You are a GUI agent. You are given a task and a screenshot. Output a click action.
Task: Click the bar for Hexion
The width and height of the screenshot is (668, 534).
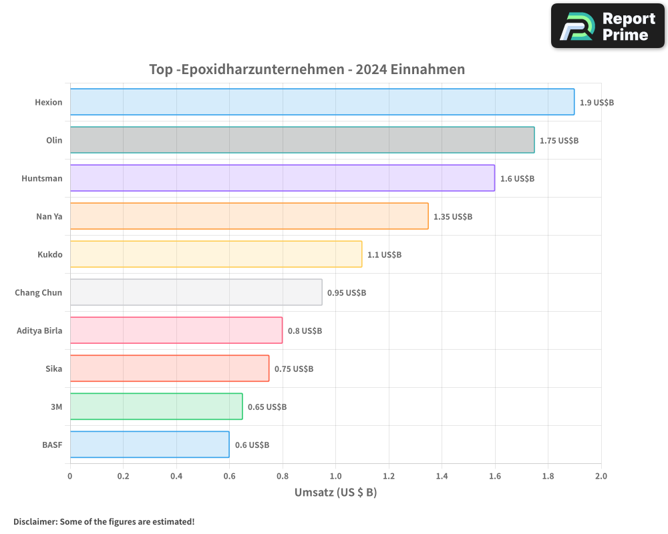click(x=322, y=102)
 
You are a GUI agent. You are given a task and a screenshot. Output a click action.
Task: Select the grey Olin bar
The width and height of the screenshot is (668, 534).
click(x=302, y=140)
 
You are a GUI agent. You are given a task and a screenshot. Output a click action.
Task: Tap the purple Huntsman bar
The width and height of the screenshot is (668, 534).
click(x=282, y=178)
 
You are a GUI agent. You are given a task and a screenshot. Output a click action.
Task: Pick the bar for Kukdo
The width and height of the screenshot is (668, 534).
click(x=216, y=254)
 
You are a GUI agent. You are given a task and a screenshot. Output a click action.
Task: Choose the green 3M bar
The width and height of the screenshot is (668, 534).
click(x=156, y=407)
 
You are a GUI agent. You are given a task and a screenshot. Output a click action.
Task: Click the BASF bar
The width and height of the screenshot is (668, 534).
click(x=150, y=445)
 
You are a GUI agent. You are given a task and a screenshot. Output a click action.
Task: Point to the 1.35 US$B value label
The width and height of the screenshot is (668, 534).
click(x=453, y=217)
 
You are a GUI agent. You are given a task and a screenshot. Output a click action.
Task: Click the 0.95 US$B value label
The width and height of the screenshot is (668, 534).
click(x=347, y=293)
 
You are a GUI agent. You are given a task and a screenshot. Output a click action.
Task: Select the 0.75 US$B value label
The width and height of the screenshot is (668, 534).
click(x=294, y=369)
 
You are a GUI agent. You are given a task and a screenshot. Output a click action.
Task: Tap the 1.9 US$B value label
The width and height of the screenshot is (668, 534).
click(x=597, y=103)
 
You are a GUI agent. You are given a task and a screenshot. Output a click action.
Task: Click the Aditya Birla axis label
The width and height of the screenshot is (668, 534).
click(x=39, y=331)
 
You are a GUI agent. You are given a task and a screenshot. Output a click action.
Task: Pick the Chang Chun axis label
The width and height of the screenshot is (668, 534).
click(x=39, y=293)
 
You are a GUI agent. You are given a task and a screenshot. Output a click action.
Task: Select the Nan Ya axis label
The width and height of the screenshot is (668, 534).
click(x=49, y=217)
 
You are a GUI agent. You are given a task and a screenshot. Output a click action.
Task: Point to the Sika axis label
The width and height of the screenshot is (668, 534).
click(x=53, y=369)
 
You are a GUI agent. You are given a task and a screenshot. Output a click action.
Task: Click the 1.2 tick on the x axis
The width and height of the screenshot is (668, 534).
click(x=389, y=476)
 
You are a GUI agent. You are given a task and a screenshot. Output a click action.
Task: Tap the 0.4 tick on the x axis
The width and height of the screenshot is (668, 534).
click(x=176, y=476)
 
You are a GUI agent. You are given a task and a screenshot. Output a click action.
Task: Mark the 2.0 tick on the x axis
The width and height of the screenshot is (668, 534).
click(x=601, y=476)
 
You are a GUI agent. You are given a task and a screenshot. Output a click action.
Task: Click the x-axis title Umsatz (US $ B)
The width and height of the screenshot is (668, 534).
click(x=335, y=493)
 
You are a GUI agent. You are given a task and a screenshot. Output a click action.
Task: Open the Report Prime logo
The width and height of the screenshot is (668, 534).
click(x=607, y=26)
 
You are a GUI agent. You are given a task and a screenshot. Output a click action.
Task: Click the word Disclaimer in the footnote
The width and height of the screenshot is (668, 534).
click(x=35, y=521)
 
